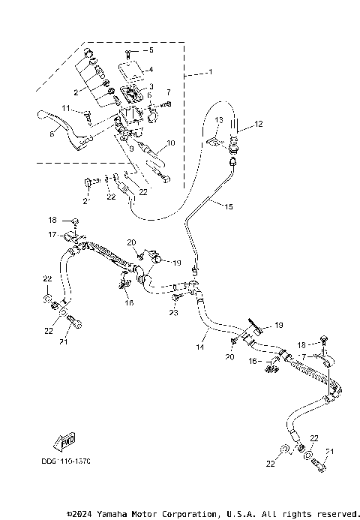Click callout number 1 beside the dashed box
(211, 72)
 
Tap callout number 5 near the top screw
(151, 50)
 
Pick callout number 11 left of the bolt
(67, 110)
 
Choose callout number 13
(219, 120)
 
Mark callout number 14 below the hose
(200, 347)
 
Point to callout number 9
(130, 147)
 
